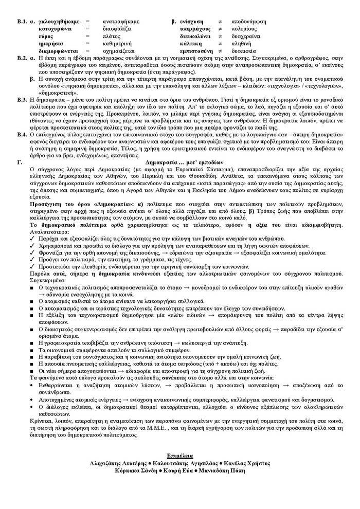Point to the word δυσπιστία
tap(243, 51)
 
